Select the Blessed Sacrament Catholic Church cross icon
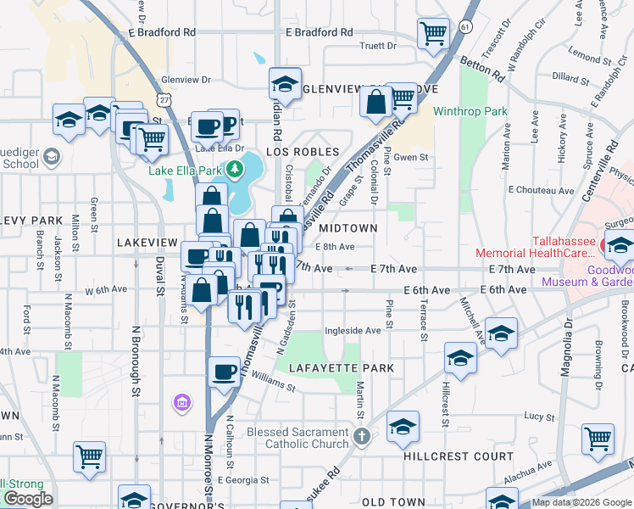tap(362, 438)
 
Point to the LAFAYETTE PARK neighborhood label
tap(341, 368)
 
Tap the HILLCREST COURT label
tap(459, 456)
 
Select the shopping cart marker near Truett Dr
tap(433, 33)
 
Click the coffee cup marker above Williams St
tap(224, 371)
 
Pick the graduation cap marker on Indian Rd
tap(286, 83)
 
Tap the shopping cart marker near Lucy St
tap(598, 439)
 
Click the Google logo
tap(28, 499)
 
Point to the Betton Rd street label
tap(481, 70)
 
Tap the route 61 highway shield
tap(465, 27)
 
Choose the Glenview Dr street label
tap(186, 79)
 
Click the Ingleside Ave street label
tap(353, 331)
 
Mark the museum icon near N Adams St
tap(181, 400)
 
